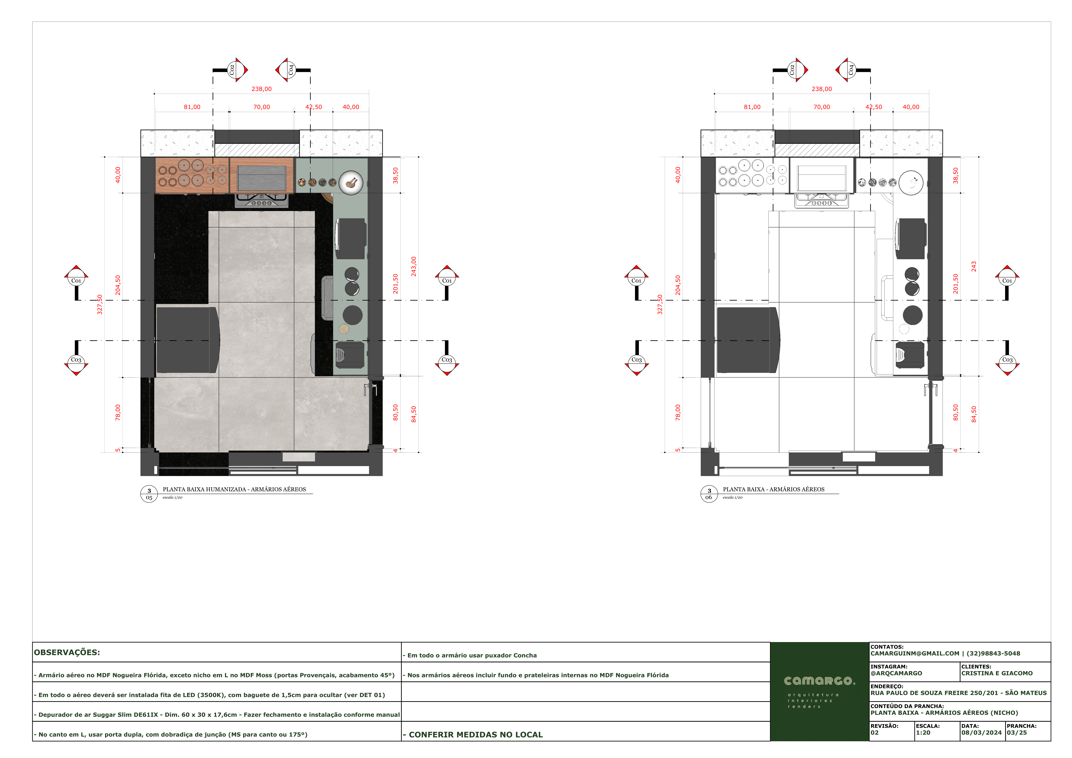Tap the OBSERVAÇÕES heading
[x=67, y=653]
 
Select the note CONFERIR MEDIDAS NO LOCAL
[x=473, y=735]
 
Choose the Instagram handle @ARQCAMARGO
[x=896, y=673]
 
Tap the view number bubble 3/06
[x=709, y=494]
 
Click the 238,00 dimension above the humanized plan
[x=261, y=89]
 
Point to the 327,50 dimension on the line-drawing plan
[x=660, y=304]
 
